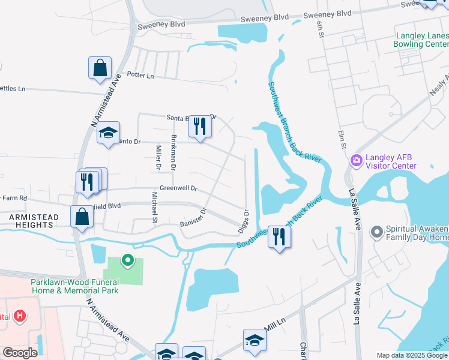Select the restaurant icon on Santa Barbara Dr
[x=200, y=126]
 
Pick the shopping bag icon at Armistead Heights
[x=82, y=216]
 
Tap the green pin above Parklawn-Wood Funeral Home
[x=127, y=260]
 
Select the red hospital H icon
[x=20, y=316]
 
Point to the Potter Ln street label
[x=140, y=75]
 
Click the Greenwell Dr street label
[x=179, y=188]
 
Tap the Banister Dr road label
[x=193, y=217]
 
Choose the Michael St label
[x=154, y=207]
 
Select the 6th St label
[x=320, y=29]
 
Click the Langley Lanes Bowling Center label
[x=421, y=40]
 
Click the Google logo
[x=20, y=353]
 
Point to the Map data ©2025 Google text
[x=411, y=355]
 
